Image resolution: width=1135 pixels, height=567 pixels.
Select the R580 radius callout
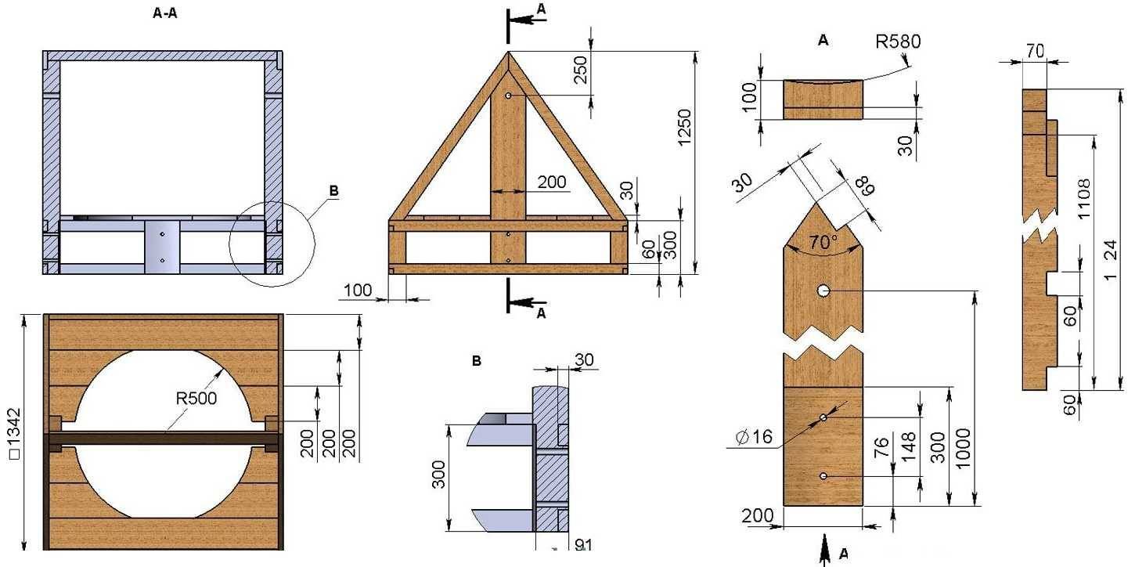897,42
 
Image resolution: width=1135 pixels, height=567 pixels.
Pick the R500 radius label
196,398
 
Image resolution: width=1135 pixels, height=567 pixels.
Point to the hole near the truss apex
509,95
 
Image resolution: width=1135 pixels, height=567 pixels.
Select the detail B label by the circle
334,191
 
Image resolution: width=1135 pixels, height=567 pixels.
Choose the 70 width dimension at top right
1035,51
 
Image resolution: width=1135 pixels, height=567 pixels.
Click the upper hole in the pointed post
823,291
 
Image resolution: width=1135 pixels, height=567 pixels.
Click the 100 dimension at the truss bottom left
358,290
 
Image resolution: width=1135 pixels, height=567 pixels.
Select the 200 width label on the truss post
552,182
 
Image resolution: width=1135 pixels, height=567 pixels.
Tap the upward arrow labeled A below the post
825,548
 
